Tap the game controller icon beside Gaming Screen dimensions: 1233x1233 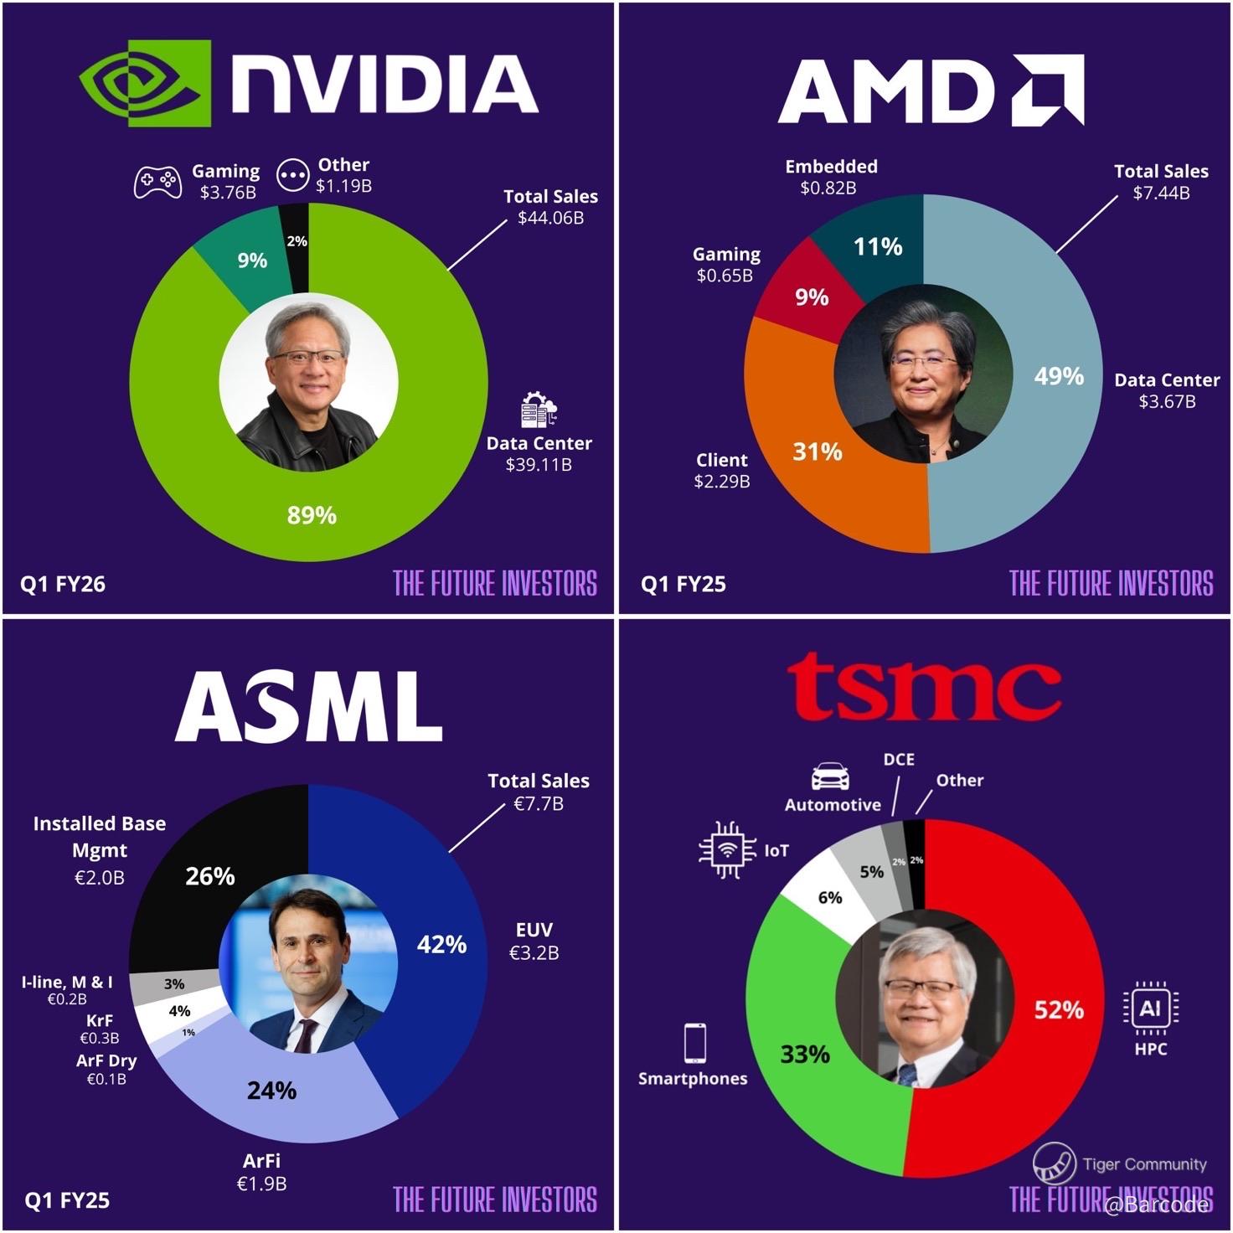157,180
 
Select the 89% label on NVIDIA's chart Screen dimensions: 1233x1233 312,515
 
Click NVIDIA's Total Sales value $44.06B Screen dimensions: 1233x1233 550,218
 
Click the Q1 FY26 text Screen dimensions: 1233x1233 63,584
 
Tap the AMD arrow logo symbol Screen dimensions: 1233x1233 1047,90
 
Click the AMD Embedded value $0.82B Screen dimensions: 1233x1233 828,188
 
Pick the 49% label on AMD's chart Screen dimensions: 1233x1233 1059,376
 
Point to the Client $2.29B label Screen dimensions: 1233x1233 722,471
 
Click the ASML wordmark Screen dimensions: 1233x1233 308,707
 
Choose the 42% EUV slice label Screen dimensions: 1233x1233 441,944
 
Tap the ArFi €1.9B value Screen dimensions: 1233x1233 261,1184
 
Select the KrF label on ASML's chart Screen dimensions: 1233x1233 99,1020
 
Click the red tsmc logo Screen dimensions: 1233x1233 924,689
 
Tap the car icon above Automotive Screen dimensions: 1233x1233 829,776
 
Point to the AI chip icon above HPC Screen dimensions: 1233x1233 1150,1008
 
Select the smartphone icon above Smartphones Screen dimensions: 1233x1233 694,1043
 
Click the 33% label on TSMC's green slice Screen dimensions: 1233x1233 805,1054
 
